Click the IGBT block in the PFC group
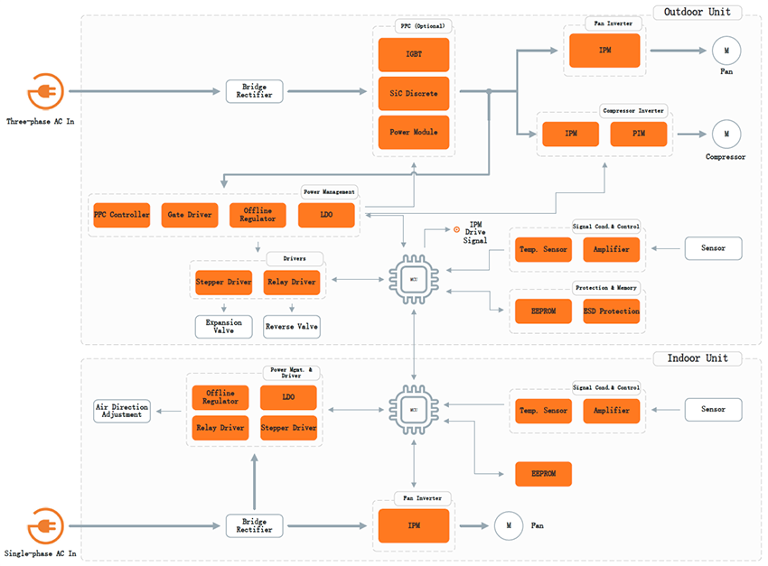coord(413,55)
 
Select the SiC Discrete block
coord(413,94)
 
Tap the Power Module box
coord(413,133)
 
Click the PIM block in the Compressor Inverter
coord(639,135)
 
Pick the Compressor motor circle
coord(725,135)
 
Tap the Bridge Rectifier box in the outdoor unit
coord(254,91)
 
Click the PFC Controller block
coord(121,215)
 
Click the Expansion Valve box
coord(223,326)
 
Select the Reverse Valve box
coord(291,326)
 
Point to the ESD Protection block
coord(611,311)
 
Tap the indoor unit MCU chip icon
coord(413,410)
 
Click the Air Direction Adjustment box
coord(122,411)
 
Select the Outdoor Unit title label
coord(698,13)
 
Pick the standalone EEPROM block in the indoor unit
coord(543,474)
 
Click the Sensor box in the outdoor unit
coord(713,247)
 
